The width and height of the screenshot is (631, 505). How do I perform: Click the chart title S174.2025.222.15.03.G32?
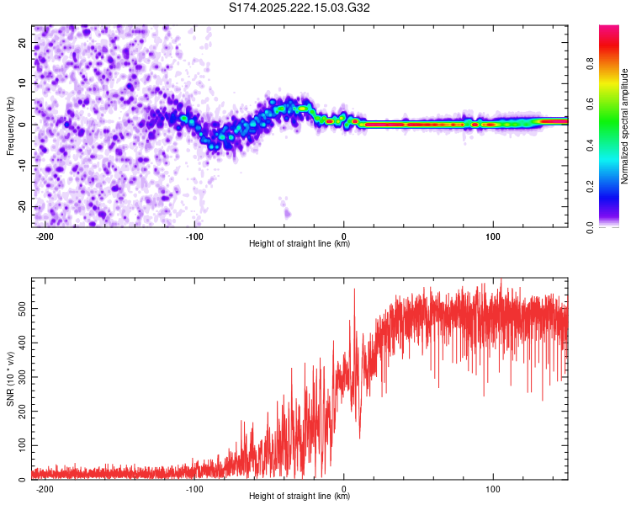pyautogui.click(x=300, y=8)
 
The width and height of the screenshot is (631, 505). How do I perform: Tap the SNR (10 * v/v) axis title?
pyautogui.click(x=10, y=379)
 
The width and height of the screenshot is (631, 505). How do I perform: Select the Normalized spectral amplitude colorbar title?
pyautogui.click(x=625, y=126)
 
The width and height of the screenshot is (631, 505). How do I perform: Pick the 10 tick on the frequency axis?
pyautogui.click(x=23, y=83)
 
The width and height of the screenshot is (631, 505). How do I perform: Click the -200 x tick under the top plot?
pyautogui.click(x=45, y=237)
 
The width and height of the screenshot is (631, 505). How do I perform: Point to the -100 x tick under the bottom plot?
pyautogui.click(x=194, y=489)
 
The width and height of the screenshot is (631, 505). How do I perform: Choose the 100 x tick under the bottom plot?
pyautogui.click(x=493, y=489)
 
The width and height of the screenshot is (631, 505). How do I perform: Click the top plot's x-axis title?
pyautogui.click(x=300, y=245)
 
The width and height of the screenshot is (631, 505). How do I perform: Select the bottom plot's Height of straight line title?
pyautogui.click(x=300, y=497)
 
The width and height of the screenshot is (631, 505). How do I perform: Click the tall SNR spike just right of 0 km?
pyautogui.click(x=354, y=291)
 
